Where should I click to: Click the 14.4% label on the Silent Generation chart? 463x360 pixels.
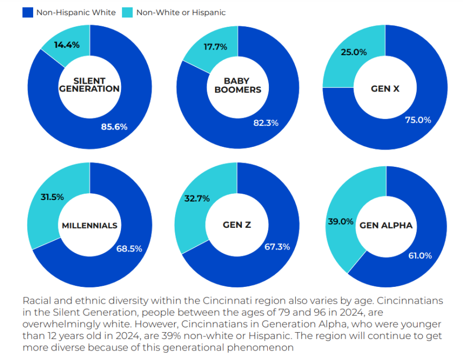tap(67, 45)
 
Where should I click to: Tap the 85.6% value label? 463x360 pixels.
tap(114, 126)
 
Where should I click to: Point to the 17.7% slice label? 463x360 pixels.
tap(215, 47)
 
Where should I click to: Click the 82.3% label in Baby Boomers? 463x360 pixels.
tap(266, 123)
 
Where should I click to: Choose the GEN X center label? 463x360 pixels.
tap(385, 88)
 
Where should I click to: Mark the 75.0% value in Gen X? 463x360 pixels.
tap(418, 119)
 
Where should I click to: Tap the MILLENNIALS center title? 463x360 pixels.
tap(89, 225)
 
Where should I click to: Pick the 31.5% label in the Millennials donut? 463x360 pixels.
tap(52, 197)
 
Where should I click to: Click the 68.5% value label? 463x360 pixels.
tap(129, 248)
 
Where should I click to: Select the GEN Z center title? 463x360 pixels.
tap(237, 225)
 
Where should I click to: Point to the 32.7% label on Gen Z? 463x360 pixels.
tap(197, 198)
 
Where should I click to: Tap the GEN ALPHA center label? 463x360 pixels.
tap(386, 225)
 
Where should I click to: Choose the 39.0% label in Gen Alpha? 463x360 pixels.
tap(339, 222)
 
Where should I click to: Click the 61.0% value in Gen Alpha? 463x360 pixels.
tap(420, 255)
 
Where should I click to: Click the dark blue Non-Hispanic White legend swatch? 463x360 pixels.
tap(27, 12)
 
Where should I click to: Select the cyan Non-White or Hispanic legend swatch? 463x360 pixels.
tap(127, 12)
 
